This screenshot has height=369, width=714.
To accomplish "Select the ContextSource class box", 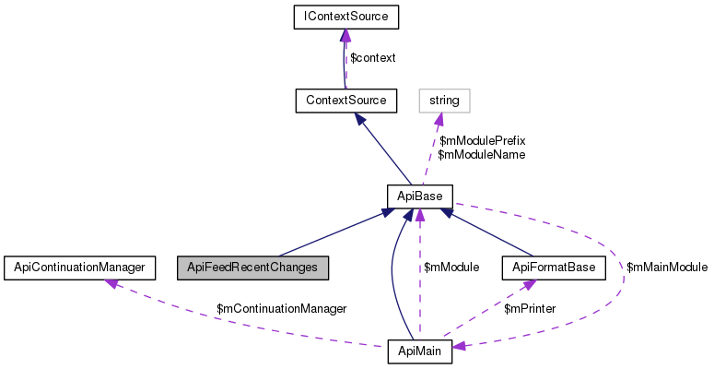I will [345, 99].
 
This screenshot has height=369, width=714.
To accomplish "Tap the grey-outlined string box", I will [444, 99].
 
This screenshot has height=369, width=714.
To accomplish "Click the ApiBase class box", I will [418, 196].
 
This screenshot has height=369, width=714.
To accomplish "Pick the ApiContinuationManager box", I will [76, 268].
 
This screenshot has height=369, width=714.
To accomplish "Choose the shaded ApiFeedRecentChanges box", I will [252, 268].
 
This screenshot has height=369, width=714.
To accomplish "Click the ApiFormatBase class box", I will [553, 268].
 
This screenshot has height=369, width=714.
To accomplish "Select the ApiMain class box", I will [418, 352].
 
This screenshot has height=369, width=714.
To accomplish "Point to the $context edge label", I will [372, 58].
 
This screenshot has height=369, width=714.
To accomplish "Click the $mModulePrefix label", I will [482, 141].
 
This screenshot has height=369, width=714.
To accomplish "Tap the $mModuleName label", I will [481, 155].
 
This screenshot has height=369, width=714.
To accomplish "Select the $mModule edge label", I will [451, 268].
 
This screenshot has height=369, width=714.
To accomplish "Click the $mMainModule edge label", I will [666, 268].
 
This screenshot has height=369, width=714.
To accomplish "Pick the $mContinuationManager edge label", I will [281, 309].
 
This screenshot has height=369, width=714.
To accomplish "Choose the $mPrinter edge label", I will [529, 309].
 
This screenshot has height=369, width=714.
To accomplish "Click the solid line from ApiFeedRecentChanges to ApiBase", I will [332, 234].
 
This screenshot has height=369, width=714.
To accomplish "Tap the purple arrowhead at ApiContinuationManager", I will [111, 282].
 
